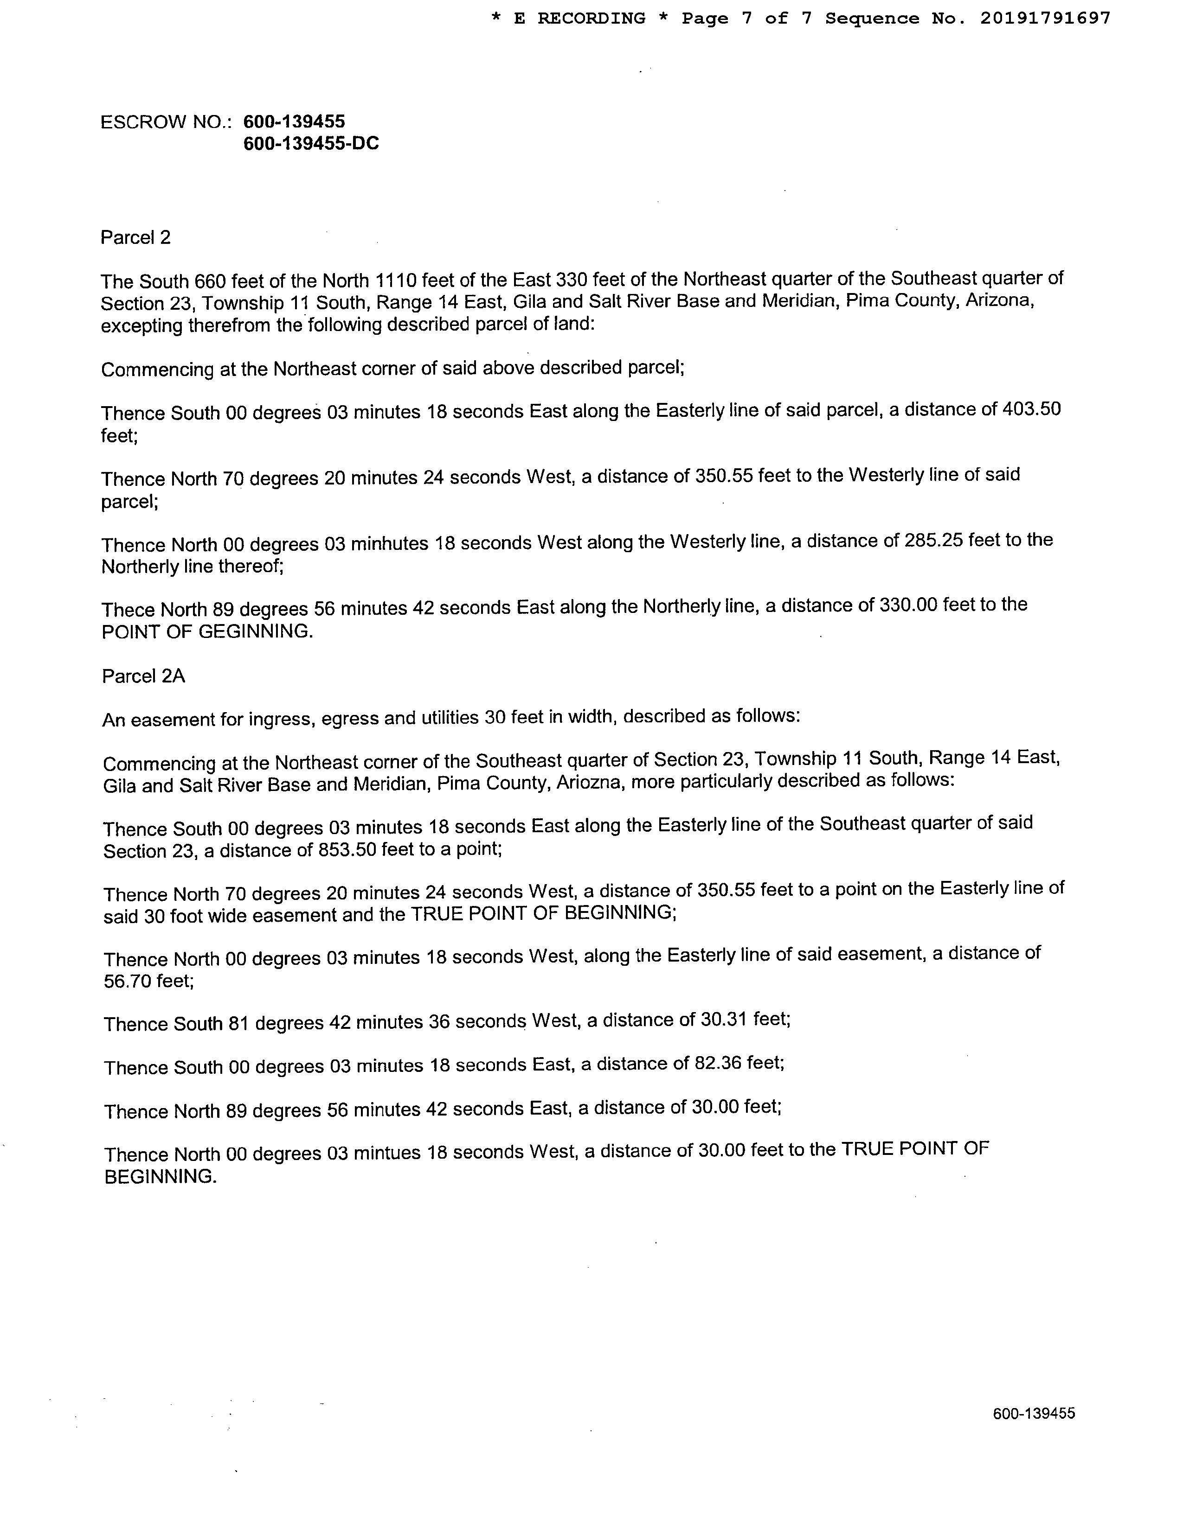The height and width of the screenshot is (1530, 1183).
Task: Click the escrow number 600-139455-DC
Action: (x=311, y=144)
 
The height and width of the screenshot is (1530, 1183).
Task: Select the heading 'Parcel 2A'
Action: (x=144, y=676)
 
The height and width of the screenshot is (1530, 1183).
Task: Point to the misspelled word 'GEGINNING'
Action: (x=255, y=631)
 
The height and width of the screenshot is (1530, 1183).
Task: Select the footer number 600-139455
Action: (x=1034, y=1414)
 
